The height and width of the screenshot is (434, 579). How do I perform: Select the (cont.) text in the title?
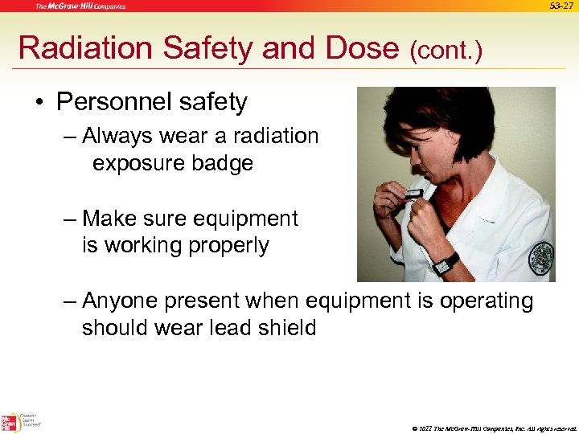point(446,51)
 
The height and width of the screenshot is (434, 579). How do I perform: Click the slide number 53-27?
point(561,6)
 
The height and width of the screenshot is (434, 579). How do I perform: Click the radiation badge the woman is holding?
point(413,193)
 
